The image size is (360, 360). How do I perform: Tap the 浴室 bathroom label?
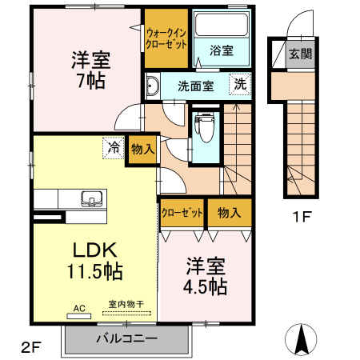click(222, 50)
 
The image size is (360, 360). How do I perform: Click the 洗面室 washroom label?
click(194, 86)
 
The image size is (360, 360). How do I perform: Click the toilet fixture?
click(205, 124)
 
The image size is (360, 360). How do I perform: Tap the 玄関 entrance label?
click(299, 55)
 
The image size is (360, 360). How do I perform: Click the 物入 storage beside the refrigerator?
click(142, 149)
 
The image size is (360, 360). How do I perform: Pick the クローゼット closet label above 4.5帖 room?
click(181, 214)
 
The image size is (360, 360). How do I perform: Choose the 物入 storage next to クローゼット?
click(229, 214)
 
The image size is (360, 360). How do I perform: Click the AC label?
click(79, 306)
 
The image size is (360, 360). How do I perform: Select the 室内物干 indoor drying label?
click(125, 305)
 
